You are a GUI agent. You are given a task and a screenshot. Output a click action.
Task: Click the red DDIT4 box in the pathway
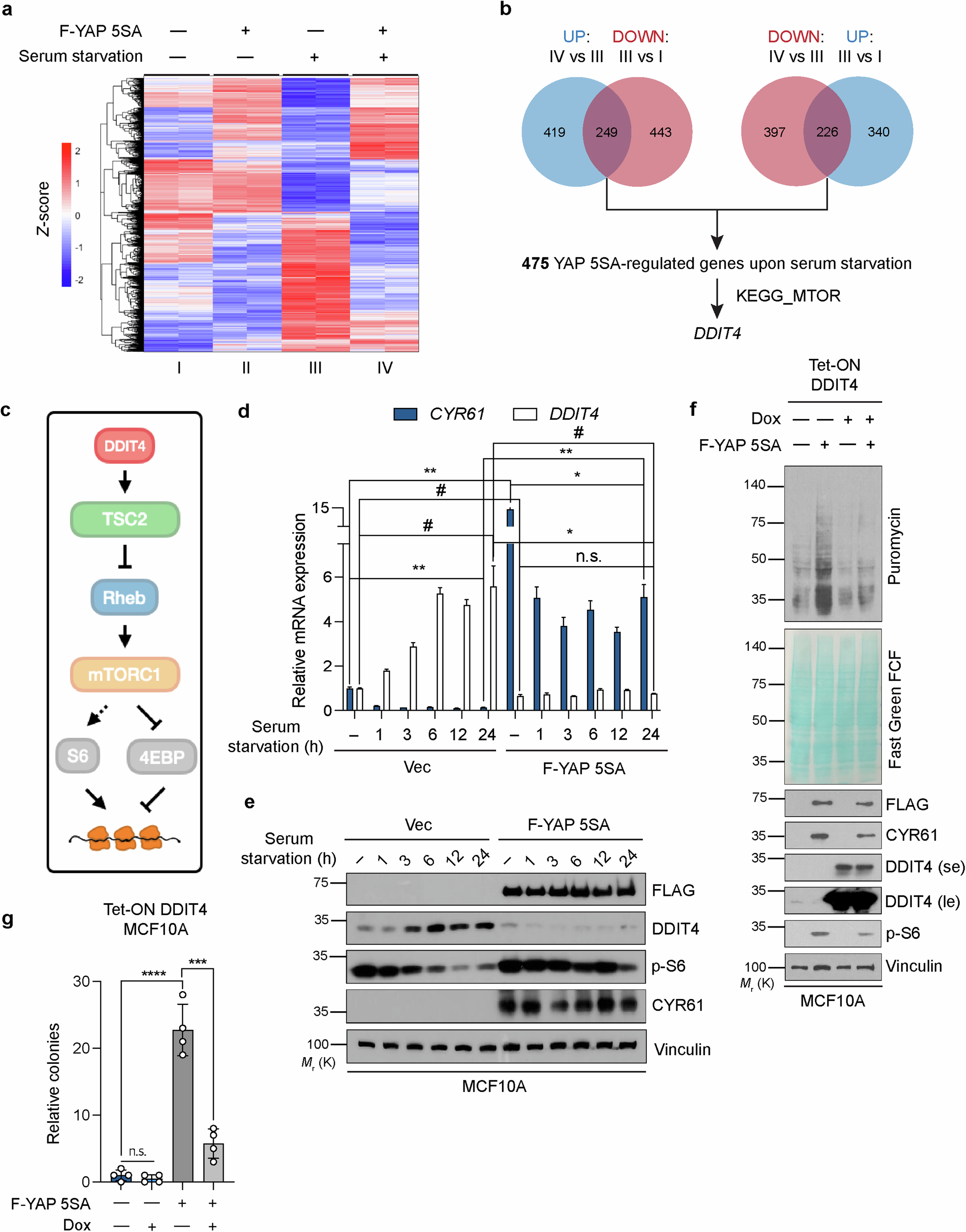(125, 445)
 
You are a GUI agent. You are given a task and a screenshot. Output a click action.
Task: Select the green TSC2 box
(125, 519)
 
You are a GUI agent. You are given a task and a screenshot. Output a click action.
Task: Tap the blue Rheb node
(125, 597)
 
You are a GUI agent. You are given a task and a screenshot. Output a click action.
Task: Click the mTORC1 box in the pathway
(125, 674)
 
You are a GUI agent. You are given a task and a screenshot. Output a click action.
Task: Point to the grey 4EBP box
(162, 756)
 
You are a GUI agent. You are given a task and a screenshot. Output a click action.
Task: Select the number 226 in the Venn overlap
(827, 132)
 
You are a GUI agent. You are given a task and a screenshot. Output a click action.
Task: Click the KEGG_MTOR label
(788, 296)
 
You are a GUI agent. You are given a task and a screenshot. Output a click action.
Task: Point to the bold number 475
(535, 264)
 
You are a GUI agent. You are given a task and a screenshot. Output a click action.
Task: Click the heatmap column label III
(315, 368)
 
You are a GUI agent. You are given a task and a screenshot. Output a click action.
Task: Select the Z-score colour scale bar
(67, 215)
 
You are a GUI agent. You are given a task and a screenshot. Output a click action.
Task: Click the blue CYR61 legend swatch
(405, 414)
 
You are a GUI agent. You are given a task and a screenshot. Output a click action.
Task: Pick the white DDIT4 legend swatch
(524, 414)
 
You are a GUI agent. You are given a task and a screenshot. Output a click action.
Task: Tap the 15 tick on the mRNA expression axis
(320, 508)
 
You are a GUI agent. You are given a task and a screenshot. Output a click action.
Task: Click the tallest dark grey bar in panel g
(183, 1105)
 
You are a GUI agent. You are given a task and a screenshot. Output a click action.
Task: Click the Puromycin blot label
(894, 546)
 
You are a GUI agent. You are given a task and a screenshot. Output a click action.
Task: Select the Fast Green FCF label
(894, 709)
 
